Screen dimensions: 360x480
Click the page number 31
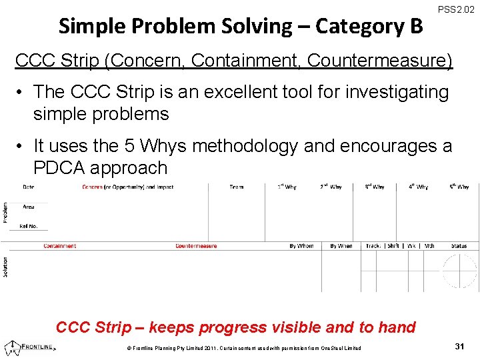[x=459, y=345]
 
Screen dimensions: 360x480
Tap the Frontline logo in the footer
[x=31, y=347]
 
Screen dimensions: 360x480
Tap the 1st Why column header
[x=287, y=187]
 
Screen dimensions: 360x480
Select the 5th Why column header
[x=459, y=187]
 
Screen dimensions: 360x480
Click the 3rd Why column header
[x=374, y=187]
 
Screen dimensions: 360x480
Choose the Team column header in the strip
[x=236, y=187]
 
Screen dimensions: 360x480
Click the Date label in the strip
[x=29, y=187]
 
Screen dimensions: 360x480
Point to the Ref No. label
[x=29, y=227]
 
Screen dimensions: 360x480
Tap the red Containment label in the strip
[x=60, y=246]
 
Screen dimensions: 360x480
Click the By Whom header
[x=301, y=246]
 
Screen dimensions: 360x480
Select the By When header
[x=341, y=246]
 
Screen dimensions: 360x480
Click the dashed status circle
[x=459, y=271]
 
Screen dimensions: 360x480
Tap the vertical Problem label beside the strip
[x=6, y=213]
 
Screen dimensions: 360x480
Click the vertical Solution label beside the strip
[x=6, y=267]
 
